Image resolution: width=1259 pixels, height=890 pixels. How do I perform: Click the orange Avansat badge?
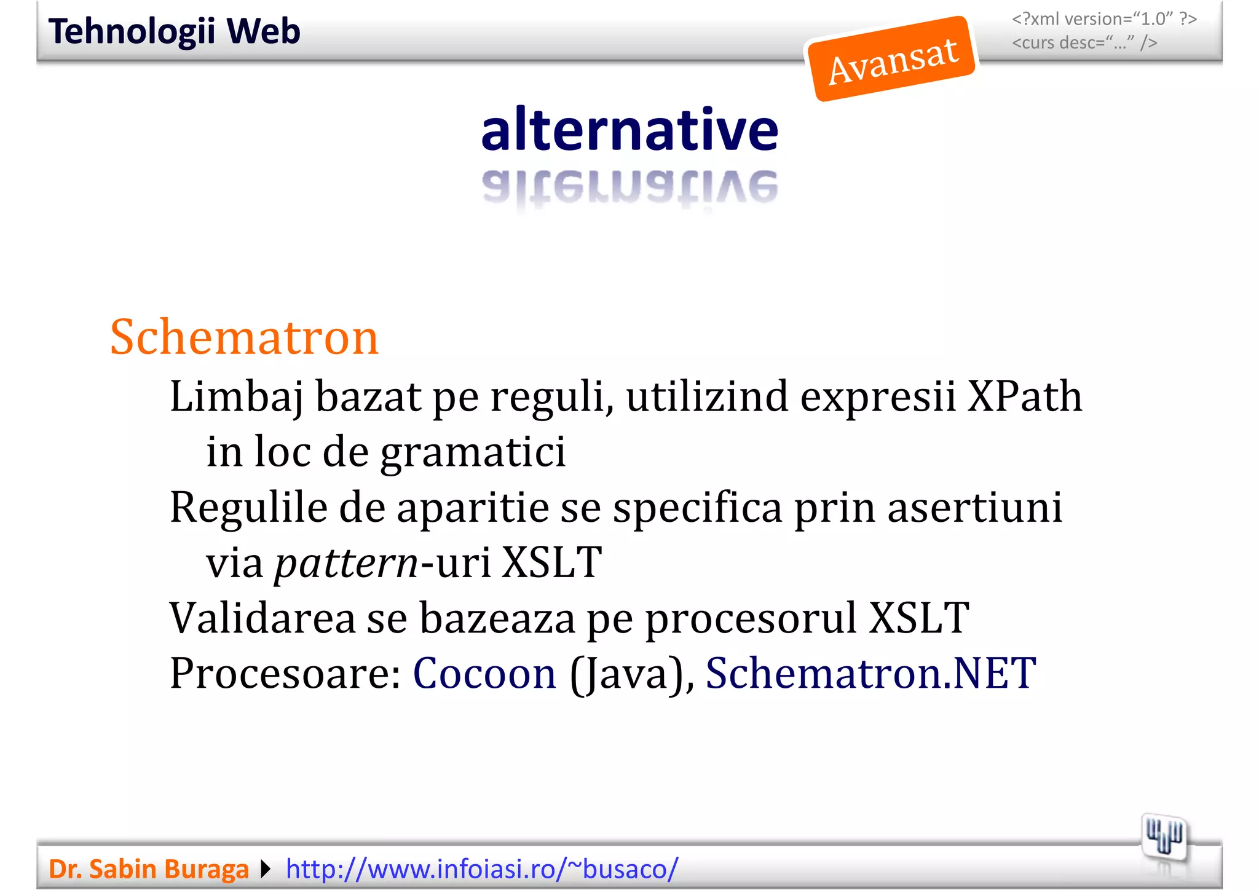point(892,60)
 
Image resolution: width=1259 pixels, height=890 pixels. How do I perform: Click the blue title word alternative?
point(629,130)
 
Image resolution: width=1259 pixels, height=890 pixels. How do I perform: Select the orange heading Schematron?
point(244,337)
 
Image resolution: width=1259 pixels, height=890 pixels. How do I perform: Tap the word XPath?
point(1024,396)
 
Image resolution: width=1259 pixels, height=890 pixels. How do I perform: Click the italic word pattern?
point(346,563)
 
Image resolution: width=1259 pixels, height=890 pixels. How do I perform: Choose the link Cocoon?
point(484,674)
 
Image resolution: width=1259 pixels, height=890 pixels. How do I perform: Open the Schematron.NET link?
point(870,674)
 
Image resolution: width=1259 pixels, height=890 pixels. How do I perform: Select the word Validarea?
point(262,618)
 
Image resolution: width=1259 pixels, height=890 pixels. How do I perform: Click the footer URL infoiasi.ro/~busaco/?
point(482,869)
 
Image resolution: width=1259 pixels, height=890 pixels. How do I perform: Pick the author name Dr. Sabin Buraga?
point(149,869)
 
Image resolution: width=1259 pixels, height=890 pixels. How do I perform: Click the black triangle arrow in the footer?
point(266,869)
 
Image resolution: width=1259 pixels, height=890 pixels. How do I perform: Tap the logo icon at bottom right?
point(1164,837)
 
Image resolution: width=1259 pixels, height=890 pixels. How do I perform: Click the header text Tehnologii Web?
point(175,31)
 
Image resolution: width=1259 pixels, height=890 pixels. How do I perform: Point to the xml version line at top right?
point(1104,19)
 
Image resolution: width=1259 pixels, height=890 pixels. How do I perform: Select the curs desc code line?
point(1084,43)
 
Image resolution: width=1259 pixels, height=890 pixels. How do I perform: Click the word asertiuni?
point(974,508)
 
